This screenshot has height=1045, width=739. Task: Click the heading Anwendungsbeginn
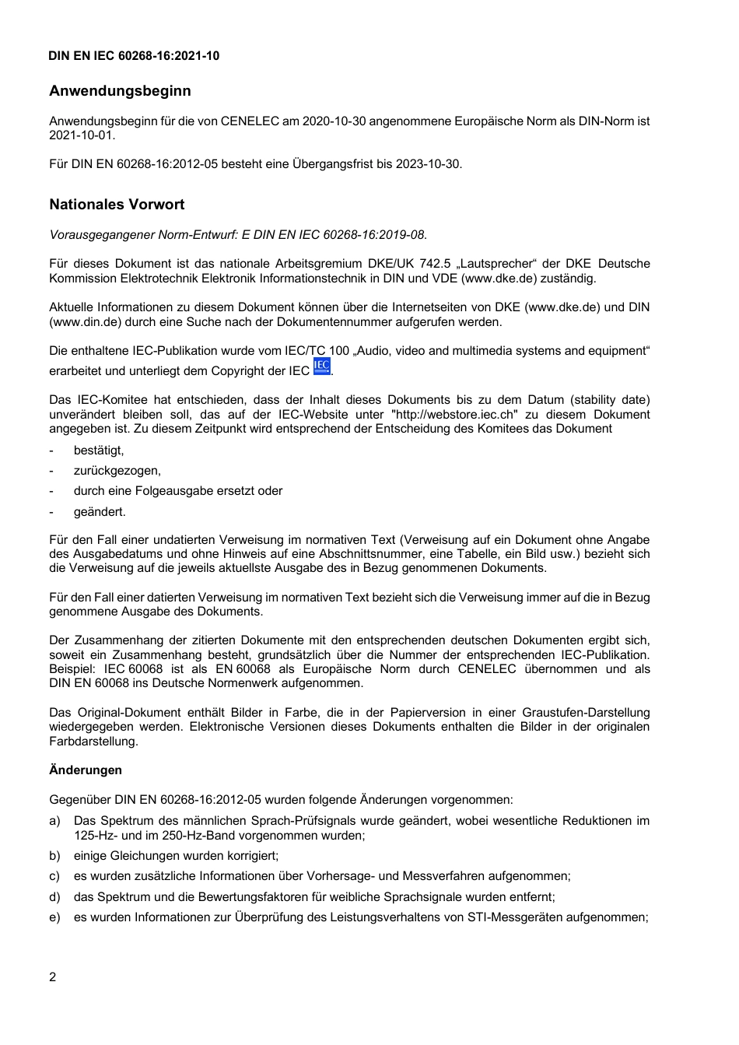pos(120,91)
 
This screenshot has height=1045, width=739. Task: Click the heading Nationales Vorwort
pos(117,205)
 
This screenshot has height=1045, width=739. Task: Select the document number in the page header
pos(134,56)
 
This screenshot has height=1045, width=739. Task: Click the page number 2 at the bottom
pos(53,977)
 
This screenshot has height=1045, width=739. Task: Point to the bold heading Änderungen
pos(86,770)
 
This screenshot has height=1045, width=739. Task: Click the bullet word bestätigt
pos(99,451)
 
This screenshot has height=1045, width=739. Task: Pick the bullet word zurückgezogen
pos(117,471)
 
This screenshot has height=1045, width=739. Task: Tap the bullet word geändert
pos(100,512)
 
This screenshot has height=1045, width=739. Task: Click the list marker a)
pos(54,821)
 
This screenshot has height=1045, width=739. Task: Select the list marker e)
pos(54,917)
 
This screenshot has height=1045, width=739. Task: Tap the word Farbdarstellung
pos(93,742)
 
